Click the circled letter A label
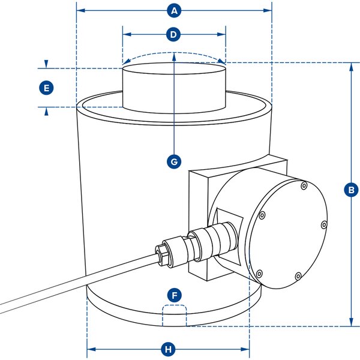point(174,11)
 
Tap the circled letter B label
point(351,190)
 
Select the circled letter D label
point(173,35)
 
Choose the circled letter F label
point(174,295)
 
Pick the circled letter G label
point(173,161)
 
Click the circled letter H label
point(169,349)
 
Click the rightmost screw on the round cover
point(323,225)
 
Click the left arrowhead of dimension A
point(80,11)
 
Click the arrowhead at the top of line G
point(173,56)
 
